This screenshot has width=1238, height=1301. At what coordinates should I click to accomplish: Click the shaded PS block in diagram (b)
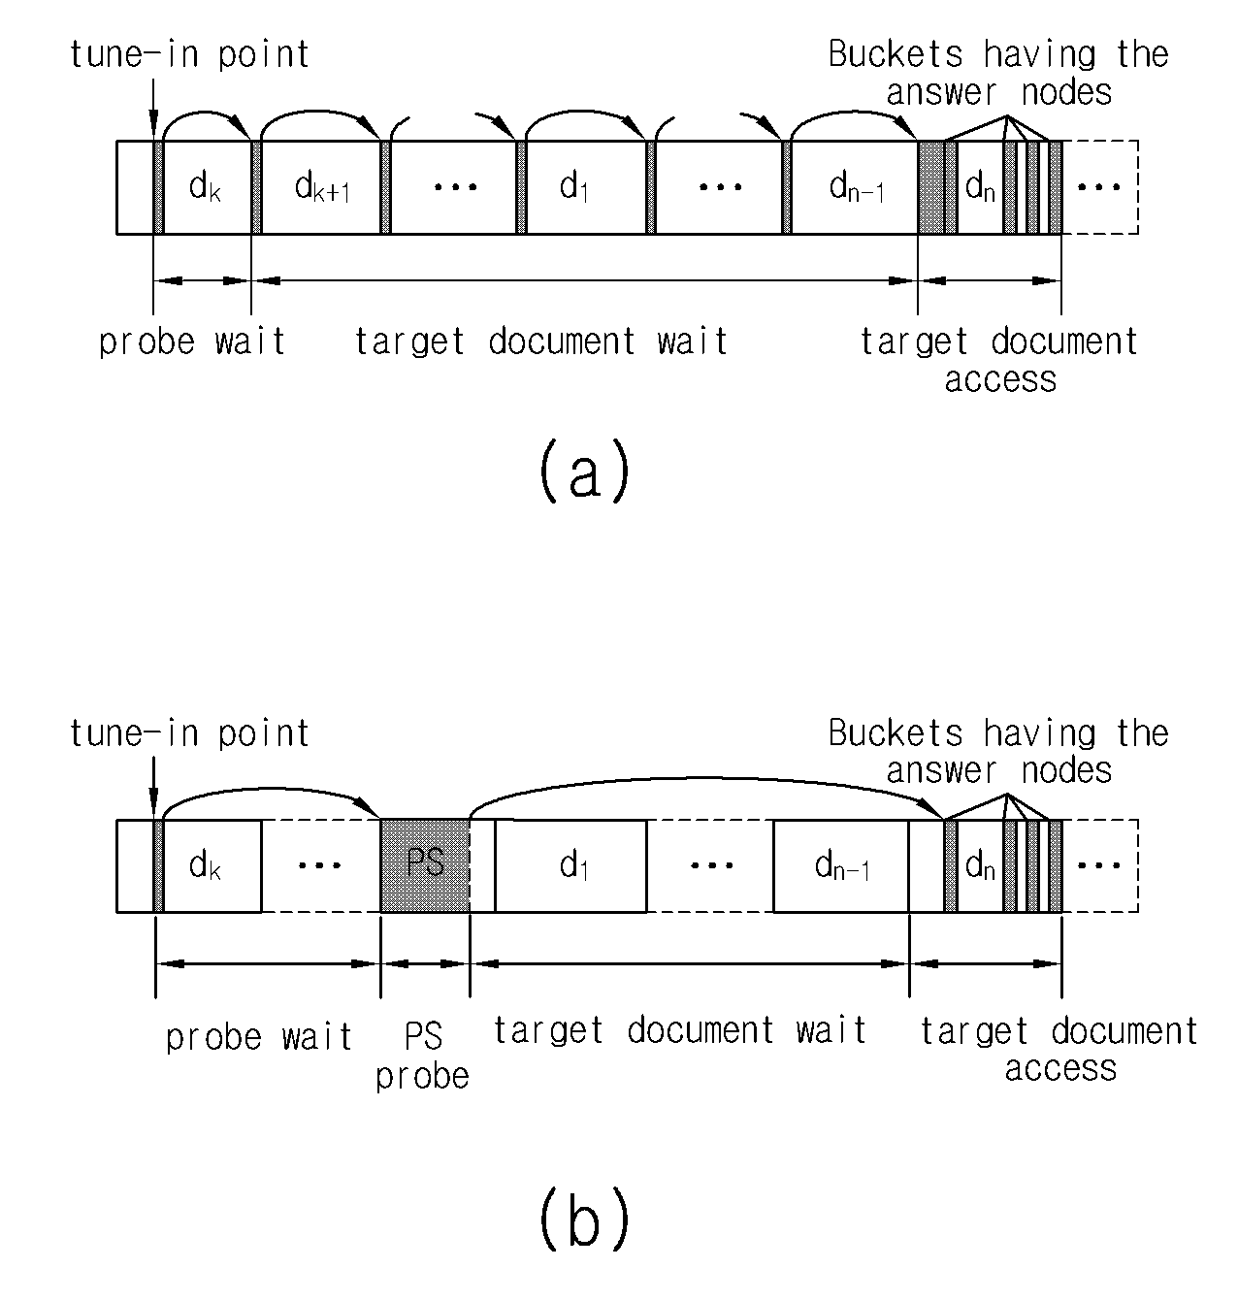click(x=425, y=865)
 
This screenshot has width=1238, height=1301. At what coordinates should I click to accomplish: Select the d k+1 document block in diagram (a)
click(x=321, y=187)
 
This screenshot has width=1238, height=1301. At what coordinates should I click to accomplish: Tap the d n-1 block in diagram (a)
click(x=855, y=187)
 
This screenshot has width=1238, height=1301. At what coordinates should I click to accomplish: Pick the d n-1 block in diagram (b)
click(x=841, y=865)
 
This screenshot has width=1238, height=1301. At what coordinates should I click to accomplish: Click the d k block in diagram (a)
click(x=208, y=187)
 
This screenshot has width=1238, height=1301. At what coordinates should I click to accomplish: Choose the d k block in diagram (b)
click(x=212, y=865)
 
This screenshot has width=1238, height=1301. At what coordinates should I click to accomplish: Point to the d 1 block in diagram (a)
click(x=586, y=187)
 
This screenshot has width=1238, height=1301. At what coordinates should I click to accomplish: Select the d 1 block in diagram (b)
click(x=570, y=865)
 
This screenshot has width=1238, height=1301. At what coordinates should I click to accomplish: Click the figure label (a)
click(x=585, y=472)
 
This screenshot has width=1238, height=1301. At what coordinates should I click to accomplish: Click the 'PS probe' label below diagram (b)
click(x=422, y=1056)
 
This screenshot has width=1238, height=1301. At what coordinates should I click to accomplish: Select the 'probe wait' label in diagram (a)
click(x=192, y=342)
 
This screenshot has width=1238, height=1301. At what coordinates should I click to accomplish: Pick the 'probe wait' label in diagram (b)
click(x=259, y=1037)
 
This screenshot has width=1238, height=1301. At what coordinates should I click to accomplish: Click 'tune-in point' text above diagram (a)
click(x=189, y=55)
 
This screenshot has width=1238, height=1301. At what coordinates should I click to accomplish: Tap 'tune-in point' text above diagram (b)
click(x=189, y=733)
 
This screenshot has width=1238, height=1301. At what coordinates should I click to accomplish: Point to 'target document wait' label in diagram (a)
click(x=541, y=342)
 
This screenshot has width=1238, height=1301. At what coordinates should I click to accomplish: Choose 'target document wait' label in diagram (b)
click(x=680, y=1031)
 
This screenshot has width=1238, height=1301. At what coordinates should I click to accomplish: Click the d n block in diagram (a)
click(x=980, y=187)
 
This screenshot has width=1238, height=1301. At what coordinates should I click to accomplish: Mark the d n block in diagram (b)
click(x=980, y=865)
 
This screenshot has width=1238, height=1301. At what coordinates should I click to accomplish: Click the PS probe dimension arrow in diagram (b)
click(x=426, y=963)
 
